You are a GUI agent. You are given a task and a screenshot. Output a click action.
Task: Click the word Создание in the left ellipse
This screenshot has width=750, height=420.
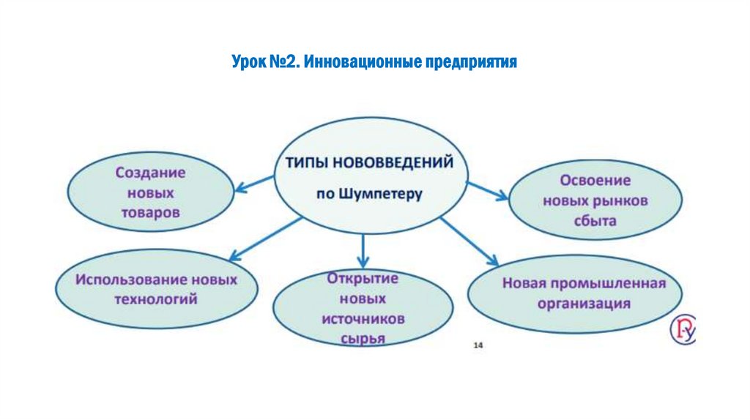click(x=150, y=173)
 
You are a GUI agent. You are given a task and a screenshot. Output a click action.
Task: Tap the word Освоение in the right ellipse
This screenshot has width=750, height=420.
click(x=595, y=179)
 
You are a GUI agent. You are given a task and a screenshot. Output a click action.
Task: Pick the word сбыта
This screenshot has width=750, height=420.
click(x=595, y=220)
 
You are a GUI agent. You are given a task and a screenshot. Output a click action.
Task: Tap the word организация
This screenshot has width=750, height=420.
click(x=584, y=304)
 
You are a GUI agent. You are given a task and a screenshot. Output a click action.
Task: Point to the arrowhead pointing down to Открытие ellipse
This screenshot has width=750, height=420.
click(x=363, y=261)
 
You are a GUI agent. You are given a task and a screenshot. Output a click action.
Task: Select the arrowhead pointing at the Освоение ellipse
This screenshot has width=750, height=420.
click(x=502, y=195)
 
